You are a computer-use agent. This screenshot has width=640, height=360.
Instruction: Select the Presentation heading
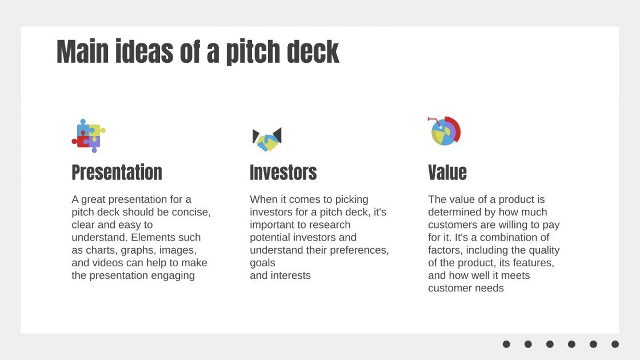[117, 173]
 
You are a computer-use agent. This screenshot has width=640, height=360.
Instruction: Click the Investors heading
[283, 173]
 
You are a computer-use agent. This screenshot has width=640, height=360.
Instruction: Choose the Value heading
[447, 173]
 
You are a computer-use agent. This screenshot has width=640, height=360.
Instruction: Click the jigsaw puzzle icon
[88, 135]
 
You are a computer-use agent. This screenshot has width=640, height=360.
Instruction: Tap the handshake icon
[267, 139]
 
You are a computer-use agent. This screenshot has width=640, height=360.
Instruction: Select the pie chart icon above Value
[445, 131]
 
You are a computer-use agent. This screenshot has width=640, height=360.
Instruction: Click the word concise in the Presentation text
[192, 213]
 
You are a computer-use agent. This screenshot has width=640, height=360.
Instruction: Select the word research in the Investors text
[331, 225]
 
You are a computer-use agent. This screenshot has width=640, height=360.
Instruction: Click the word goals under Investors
[262, 263]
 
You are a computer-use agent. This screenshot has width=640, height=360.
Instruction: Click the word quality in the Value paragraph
[544, 250]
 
